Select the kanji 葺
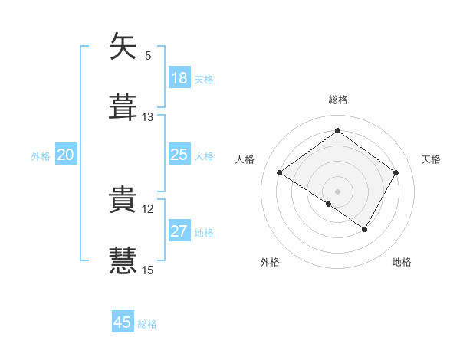point(123,106)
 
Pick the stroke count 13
point(148,116)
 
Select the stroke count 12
point(148,208)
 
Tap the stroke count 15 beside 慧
point(148,270)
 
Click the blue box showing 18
point(179,78)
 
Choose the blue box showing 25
point(179,155)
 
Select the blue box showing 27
point(179,232)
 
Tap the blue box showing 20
point(66,155)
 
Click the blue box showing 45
point(123,322)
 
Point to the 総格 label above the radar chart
point(337,100)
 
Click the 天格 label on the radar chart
point(431,159)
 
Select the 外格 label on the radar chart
point(270,262)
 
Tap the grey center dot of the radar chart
point(337,190)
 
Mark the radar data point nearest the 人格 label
point(280,173)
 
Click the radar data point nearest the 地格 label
point(365,229)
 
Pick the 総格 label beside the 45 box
point(147,324)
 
